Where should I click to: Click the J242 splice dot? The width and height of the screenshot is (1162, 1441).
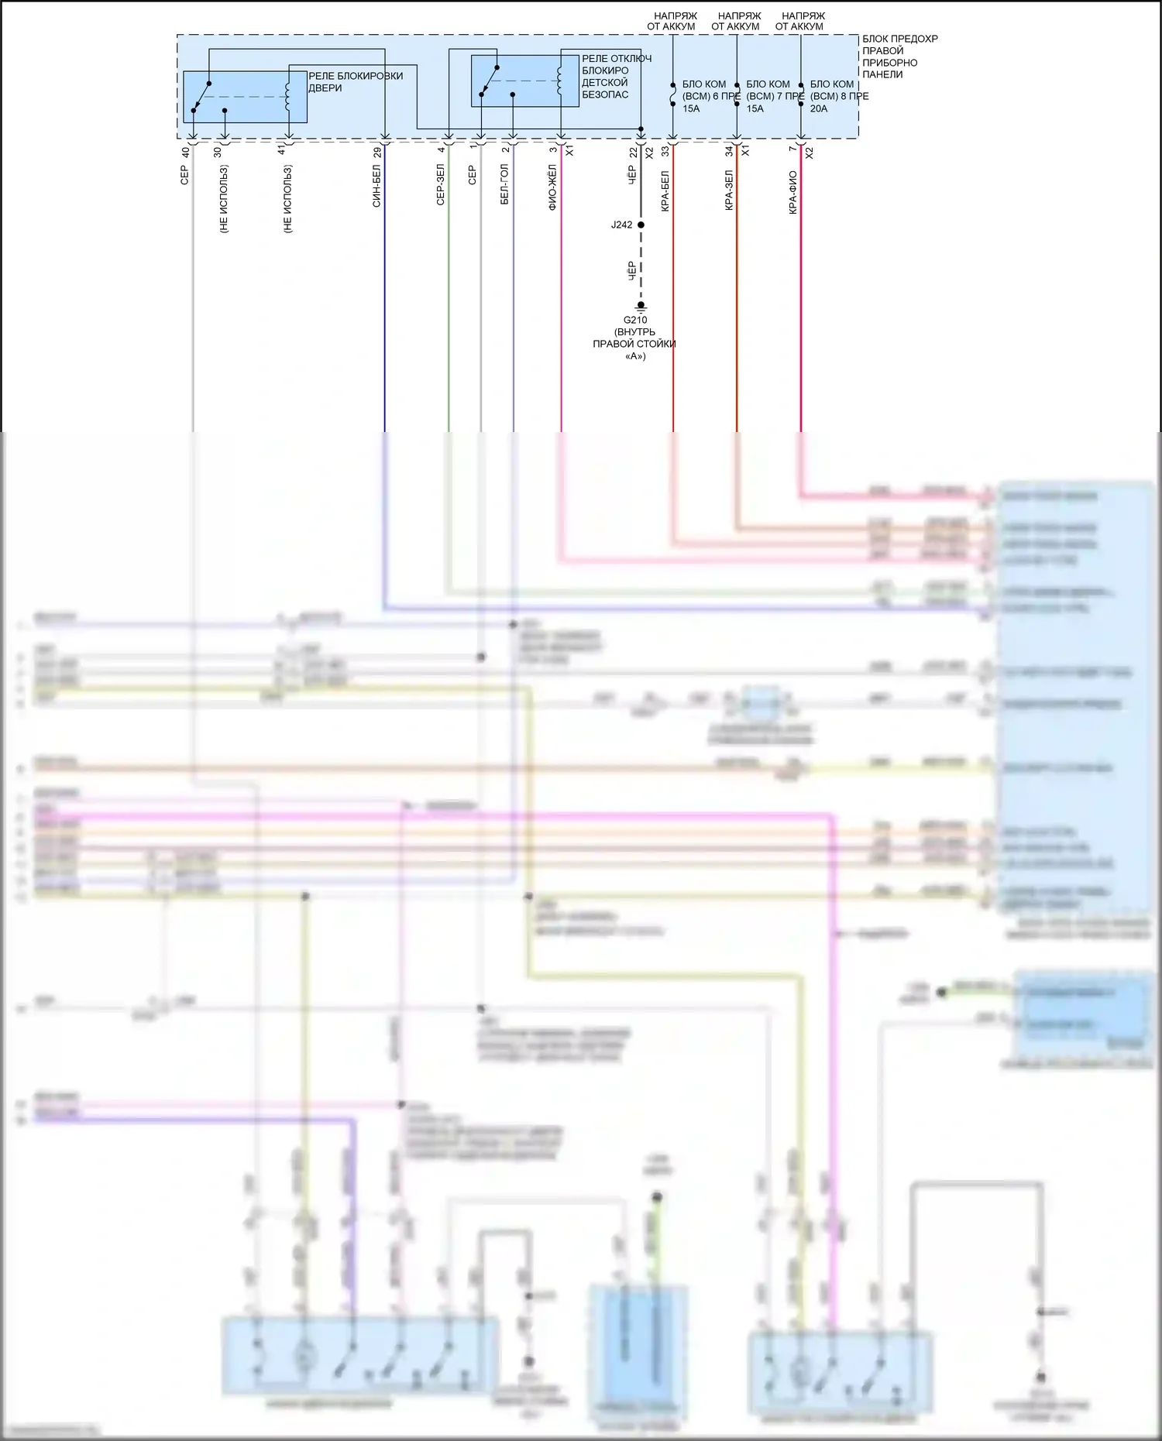point(641,225)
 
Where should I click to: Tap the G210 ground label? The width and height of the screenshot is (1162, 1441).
point(634,320)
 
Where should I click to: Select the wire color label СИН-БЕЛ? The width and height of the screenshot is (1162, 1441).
point(376,186)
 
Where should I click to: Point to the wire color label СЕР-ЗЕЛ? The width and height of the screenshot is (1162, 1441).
point(440,184)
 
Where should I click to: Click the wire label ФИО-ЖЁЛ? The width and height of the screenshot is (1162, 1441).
point(552,187)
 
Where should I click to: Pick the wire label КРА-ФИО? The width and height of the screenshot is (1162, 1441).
point(792,192)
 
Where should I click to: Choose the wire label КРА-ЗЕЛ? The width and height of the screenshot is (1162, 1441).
point(728,190)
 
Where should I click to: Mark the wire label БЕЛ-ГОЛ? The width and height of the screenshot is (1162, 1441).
point(504,184)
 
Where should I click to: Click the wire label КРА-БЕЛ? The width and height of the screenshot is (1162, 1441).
point(665,190)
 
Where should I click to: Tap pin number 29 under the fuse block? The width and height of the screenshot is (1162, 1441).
point(377,153)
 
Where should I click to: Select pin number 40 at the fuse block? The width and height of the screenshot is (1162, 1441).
point(185,153)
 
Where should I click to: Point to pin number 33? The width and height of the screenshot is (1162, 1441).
point(665,153)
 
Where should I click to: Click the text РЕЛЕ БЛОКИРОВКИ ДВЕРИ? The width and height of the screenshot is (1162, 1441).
point(356,82)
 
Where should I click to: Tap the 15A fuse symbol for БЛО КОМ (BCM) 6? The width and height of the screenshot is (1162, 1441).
point(672,97)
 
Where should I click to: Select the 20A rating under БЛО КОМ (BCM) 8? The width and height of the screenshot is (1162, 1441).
point(818,109)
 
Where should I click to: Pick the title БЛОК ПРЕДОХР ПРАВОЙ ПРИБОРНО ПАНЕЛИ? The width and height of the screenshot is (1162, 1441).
point(899,57)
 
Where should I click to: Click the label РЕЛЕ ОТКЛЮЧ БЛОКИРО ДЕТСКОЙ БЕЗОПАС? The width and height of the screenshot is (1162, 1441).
point(616,77)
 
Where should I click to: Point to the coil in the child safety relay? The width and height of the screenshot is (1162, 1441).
point(559,79)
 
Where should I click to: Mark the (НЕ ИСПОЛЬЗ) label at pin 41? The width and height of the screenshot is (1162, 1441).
point(287,199)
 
